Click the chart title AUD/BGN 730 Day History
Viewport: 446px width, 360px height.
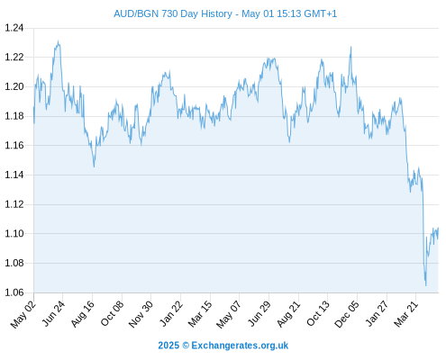pos(173,13)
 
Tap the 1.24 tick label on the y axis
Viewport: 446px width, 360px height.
pos(14,28)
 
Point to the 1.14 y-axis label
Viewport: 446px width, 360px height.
pos(14,175)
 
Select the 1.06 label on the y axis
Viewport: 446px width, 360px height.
pos(14,292)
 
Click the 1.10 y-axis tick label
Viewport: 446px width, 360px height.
pos(14,233)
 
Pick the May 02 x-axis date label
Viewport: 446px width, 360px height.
pos(23,314)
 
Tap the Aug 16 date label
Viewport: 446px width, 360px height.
pos(83,314)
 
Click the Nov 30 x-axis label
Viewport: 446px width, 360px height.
pos(141,314)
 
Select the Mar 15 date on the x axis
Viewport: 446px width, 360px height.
pos(200,314)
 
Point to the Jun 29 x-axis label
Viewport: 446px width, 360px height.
pos(259,314)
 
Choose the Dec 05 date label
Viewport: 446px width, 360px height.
pos(347,314)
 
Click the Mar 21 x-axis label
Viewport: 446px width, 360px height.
pos(406,314)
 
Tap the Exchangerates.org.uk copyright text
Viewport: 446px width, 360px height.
pos(223,346)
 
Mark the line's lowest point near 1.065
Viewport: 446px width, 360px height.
pos(425,285)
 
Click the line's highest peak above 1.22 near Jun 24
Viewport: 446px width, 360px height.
pos(58,41)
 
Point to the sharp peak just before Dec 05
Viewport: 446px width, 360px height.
pos(350,47)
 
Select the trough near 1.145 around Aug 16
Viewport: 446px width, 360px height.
pos(94,166)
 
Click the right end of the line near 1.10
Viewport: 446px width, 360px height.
pos(438,228)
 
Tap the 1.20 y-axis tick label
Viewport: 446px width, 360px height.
pos(14,86)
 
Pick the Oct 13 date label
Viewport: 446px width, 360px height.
pos(318,314)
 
